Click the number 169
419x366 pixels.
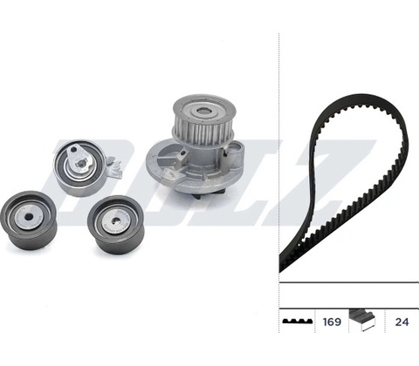332,322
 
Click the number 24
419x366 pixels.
402,322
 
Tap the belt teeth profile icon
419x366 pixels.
298,321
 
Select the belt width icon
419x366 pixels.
362,320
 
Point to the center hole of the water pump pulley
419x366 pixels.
203,111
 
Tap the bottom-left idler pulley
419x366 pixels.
29,220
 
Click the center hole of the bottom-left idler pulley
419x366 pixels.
29,217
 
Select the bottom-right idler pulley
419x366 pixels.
115,225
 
